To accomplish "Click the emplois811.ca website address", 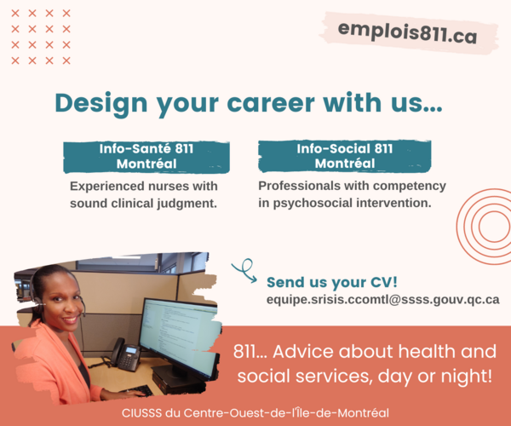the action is [x=407, y=32].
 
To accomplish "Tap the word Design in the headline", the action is [x=101, y=104].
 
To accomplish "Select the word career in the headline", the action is [x=271, y=103].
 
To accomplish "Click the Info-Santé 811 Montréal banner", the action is [x=146, y=157].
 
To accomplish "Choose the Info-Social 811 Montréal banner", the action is [x=344, y=156].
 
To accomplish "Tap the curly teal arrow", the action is [x=244, y=271].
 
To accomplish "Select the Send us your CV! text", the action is [x=332, y=282].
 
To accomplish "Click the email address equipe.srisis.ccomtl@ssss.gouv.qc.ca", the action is [x=383, y=300].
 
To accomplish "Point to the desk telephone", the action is [x=125, y=354].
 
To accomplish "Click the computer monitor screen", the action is [x=180, y=333].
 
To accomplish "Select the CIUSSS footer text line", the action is [x=255, y=413].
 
